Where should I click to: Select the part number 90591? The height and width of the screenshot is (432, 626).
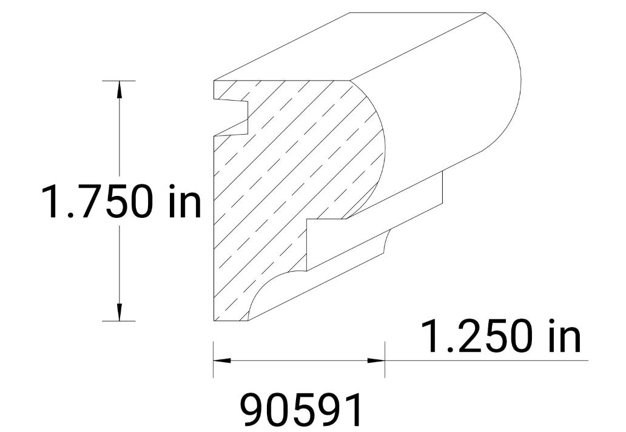click(x=301, y=411)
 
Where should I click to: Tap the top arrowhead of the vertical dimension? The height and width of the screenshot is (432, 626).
click(x=119, y=88)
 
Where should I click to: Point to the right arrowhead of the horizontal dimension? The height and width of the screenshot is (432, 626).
click(x=377, y=360)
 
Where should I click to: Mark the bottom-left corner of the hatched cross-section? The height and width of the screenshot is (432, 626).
click(x=214, y=320)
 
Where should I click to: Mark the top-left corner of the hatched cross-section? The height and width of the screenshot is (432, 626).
click(x=214, y=81)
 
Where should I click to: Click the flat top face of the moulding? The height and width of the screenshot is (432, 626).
click(x=352, y=46)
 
